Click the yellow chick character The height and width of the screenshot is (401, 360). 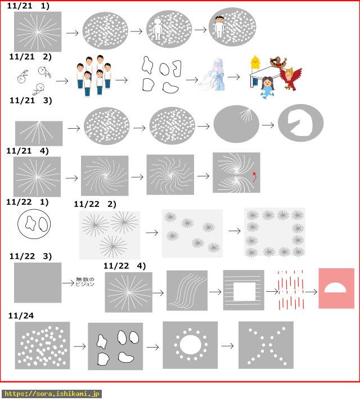click(255, 62)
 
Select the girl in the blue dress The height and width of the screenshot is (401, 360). click(268, 88)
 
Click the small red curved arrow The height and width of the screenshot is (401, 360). click(254, 177)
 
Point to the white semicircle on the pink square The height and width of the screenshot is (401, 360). click(335, 288)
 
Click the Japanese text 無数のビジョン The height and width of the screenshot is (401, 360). click(85, 282)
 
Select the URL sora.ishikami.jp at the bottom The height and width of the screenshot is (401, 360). click(51, 394)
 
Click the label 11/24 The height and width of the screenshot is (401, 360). click(21, 316)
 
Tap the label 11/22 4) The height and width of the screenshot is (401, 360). click(125, 266)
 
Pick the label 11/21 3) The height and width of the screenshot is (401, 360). click(31, 100)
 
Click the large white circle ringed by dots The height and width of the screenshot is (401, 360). click(190, 345)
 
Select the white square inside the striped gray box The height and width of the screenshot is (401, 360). click(245, 291)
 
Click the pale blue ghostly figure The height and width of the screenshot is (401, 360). click(214, 75)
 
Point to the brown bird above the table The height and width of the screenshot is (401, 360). click(278, 62)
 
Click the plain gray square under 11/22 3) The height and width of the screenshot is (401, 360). click(38, 282)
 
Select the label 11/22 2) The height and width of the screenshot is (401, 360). click(95, 204)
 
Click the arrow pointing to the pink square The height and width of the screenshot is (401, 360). click(311, 292)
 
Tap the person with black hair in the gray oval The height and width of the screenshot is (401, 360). click(219, 27)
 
